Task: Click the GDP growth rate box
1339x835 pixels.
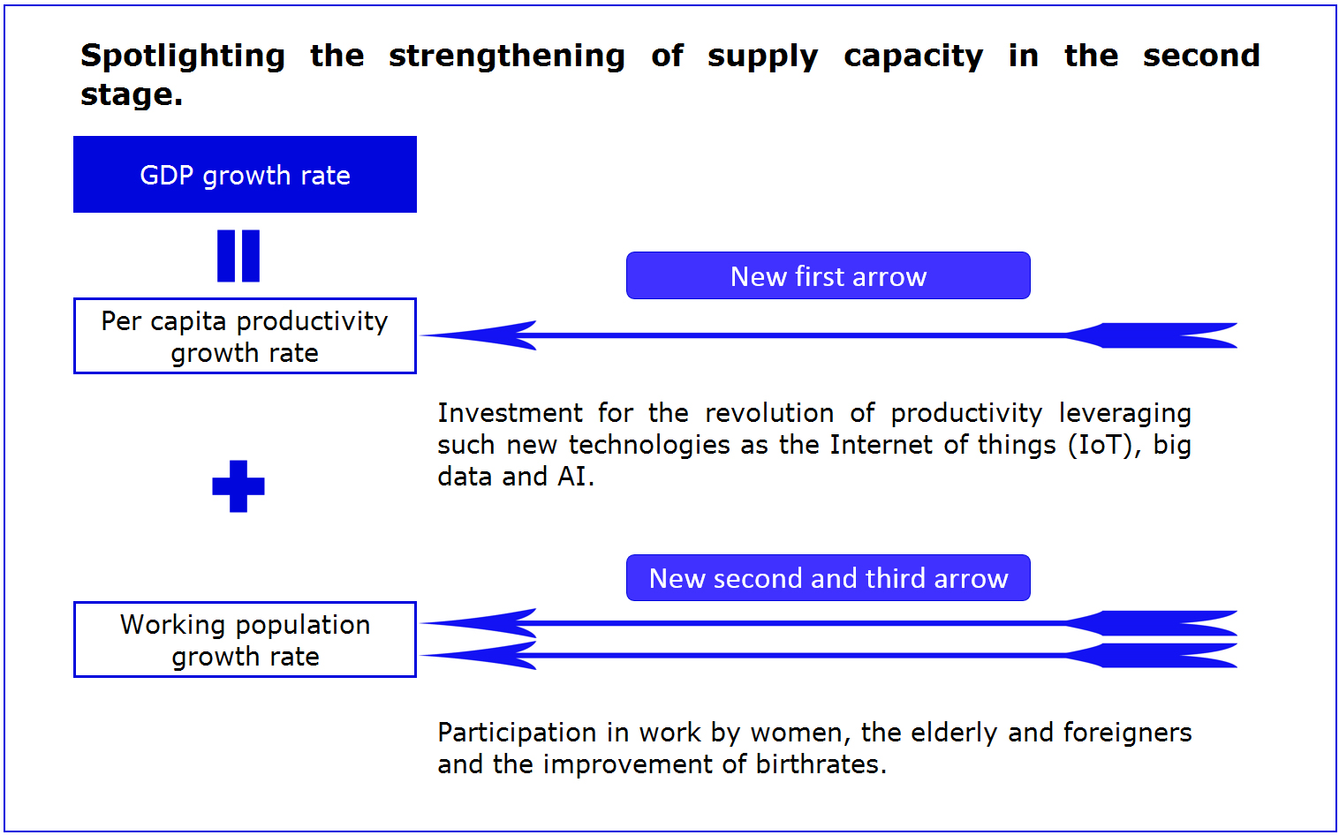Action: coord(245,175)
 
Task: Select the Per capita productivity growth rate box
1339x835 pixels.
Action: coord(245,336)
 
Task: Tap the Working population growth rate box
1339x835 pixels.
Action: coord(245,640)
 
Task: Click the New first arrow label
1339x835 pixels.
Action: coord(828,275)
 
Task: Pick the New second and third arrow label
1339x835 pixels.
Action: coord(828,577)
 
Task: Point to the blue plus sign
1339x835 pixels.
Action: coord(238,486)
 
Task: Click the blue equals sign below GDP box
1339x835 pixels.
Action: coord(238,256)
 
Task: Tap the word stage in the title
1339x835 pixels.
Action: coord(132,95)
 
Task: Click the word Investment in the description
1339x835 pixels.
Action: coord(510,413)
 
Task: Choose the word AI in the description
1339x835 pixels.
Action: coord(576,477)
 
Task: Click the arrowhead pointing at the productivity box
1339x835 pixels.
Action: coord(478,335)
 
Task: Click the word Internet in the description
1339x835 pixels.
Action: coord(881,445)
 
